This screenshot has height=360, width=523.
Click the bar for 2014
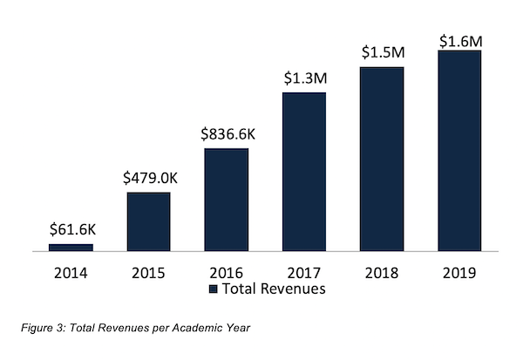click(71, 248)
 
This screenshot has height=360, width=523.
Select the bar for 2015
click(148, 221)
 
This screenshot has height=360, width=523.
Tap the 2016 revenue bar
click(226, 200)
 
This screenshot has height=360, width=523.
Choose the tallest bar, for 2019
click(459, 151)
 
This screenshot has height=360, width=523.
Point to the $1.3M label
click(304, 78)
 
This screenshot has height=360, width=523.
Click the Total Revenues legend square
click(214, 289)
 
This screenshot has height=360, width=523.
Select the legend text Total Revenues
click(275, 289)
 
